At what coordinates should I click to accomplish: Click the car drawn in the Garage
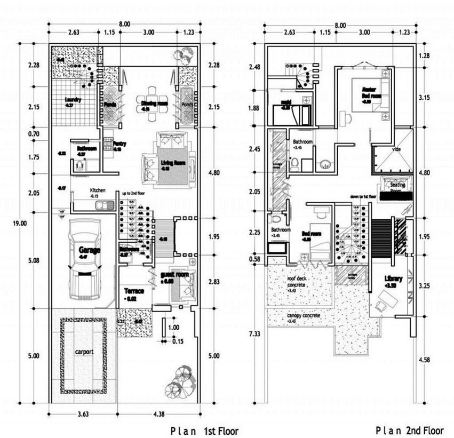(84, 261)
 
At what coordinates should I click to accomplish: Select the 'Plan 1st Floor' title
(204, 431)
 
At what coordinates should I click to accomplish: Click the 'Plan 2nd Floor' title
(409, 430)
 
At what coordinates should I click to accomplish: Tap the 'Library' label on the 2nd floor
(394, 279)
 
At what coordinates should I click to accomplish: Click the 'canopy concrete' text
(303, 316)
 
